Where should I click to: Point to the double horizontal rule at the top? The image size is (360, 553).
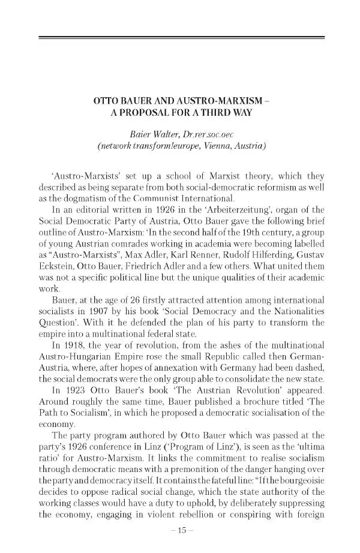point(181,38)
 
